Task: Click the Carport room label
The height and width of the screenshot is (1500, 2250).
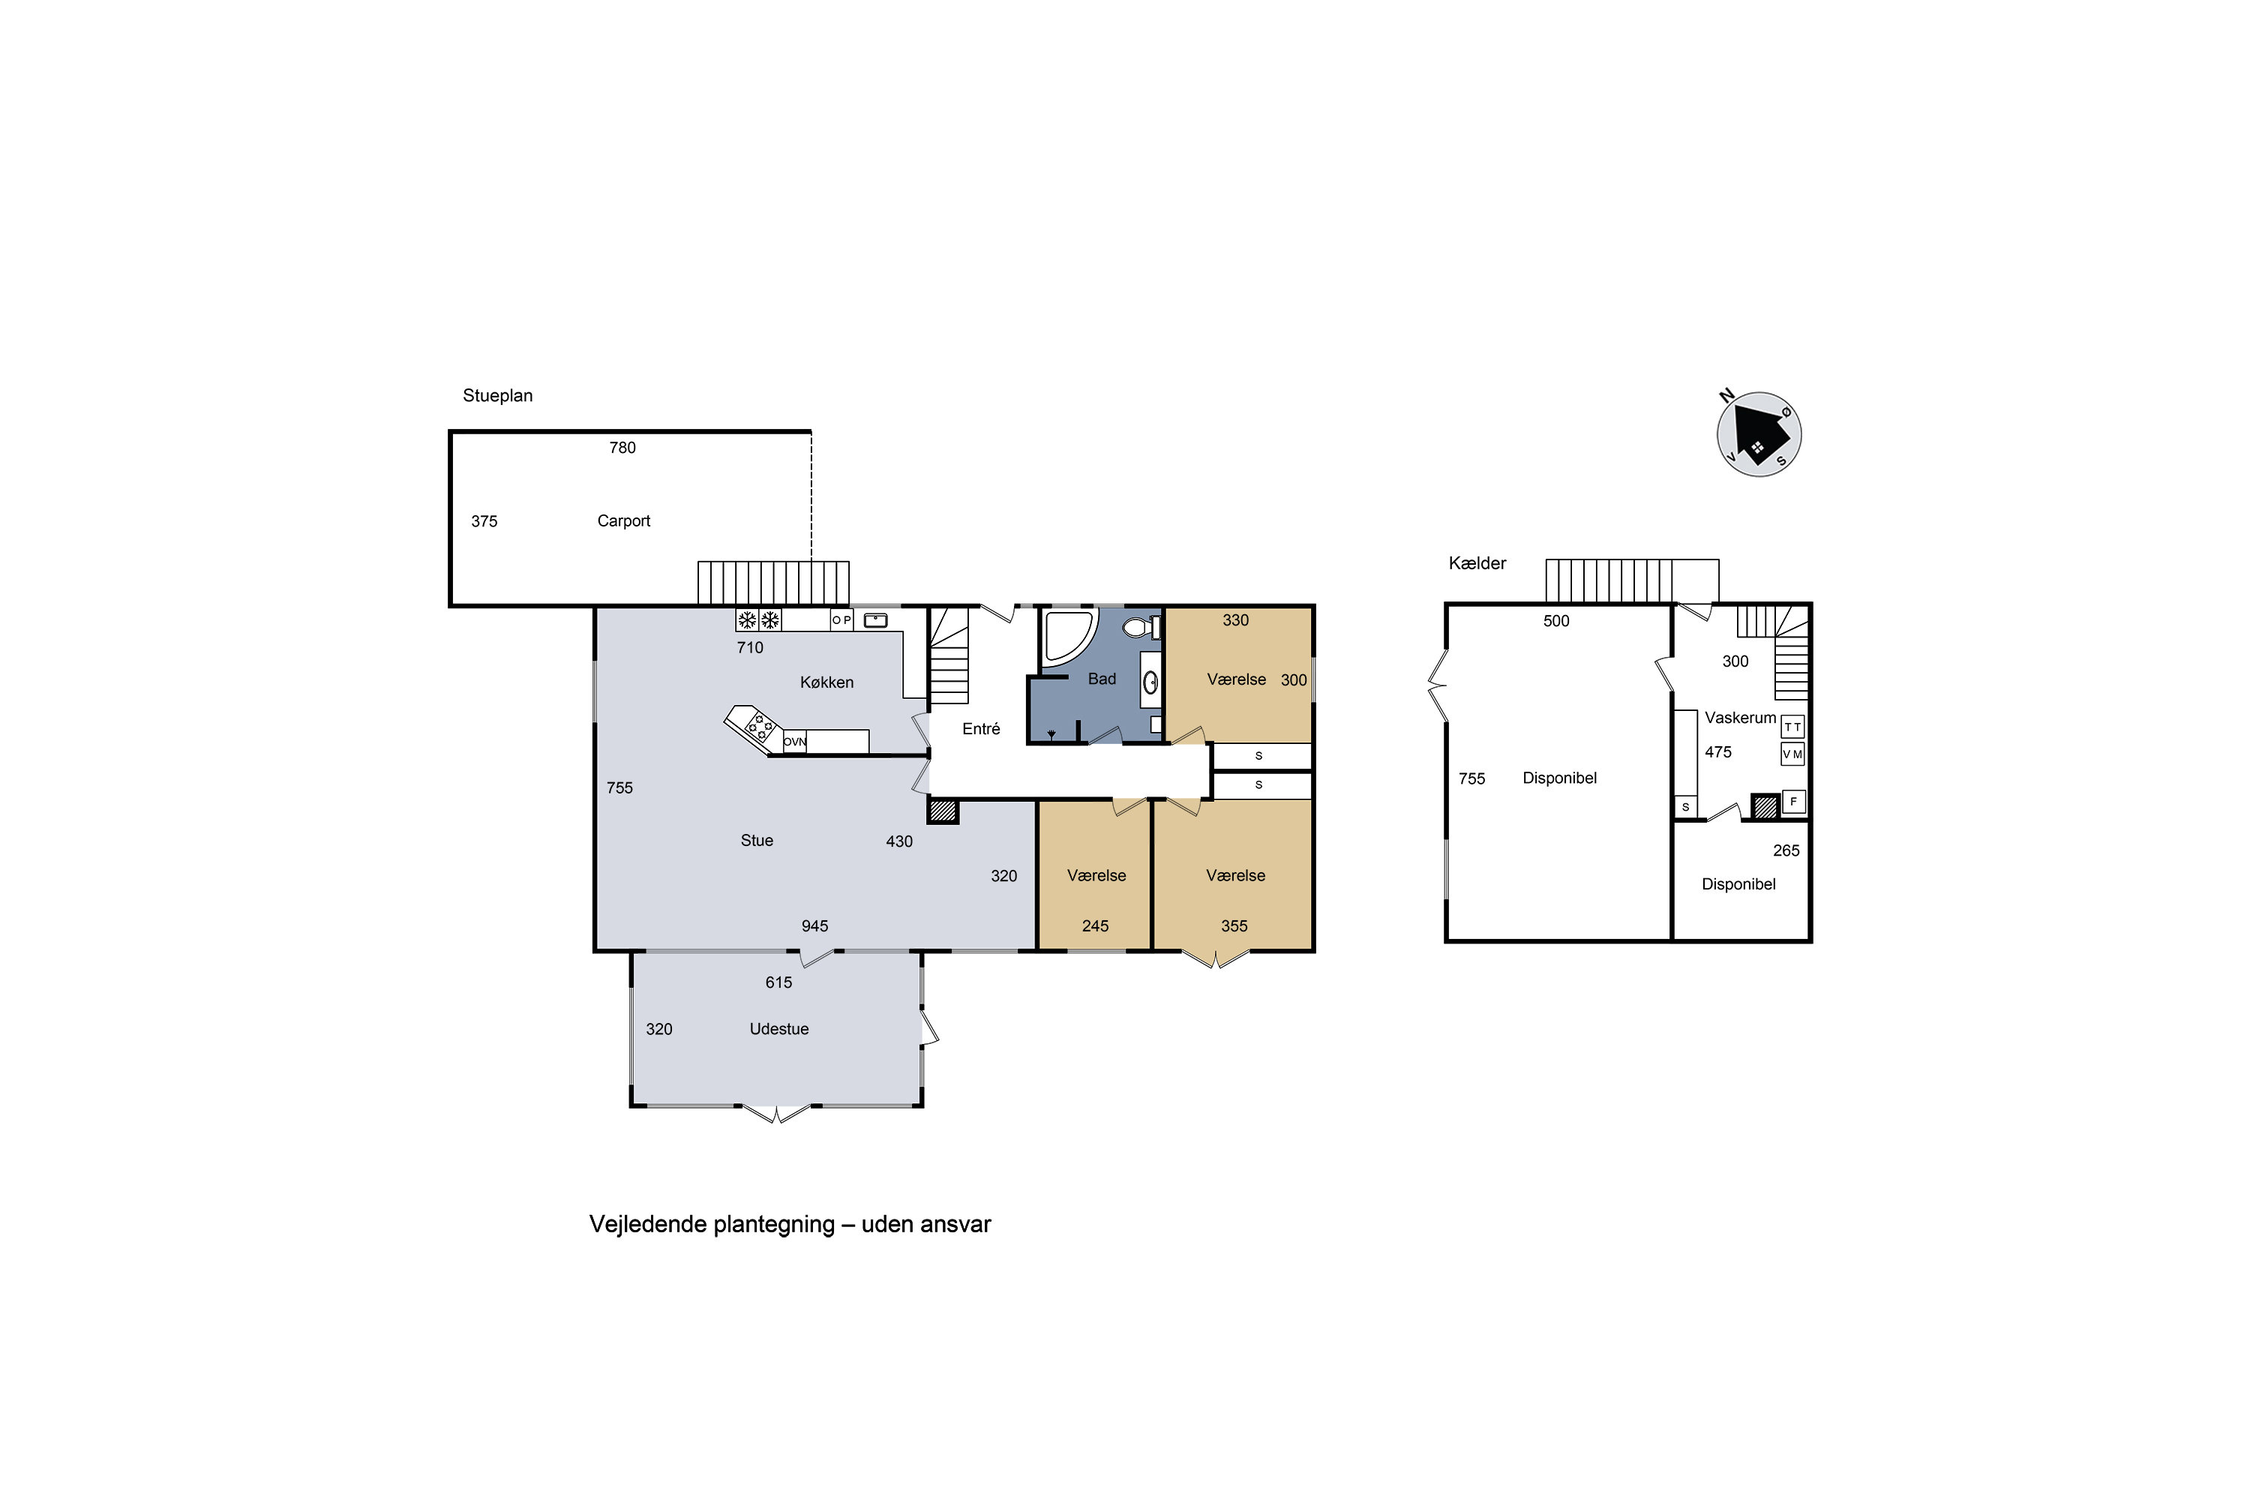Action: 624,521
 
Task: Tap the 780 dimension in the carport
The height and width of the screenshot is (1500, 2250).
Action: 622,448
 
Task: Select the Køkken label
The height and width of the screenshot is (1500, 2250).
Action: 826,682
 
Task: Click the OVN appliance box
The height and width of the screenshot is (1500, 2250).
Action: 795,742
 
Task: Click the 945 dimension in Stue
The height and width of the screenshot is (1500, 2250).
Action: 815,926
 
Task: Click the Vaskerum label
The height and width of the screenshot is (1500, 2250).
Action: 1740,718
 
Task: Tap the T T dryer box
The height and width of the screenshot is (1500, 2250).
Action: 1792,727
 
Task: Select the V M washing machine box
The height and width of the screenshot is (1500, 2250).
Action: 1792,754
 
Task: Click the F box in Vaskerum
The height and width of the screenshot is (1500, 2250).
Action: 1794,802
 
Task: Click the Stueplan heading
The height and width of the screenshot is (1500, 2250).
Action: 497,396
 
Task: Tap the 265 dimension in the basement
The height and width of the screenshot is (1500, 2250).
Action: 1786,850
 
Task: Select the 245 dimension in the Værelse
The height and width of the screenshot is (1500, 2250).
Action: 1095,926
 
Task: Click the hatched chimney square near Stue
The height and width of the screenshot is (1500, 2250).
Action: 942,811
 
